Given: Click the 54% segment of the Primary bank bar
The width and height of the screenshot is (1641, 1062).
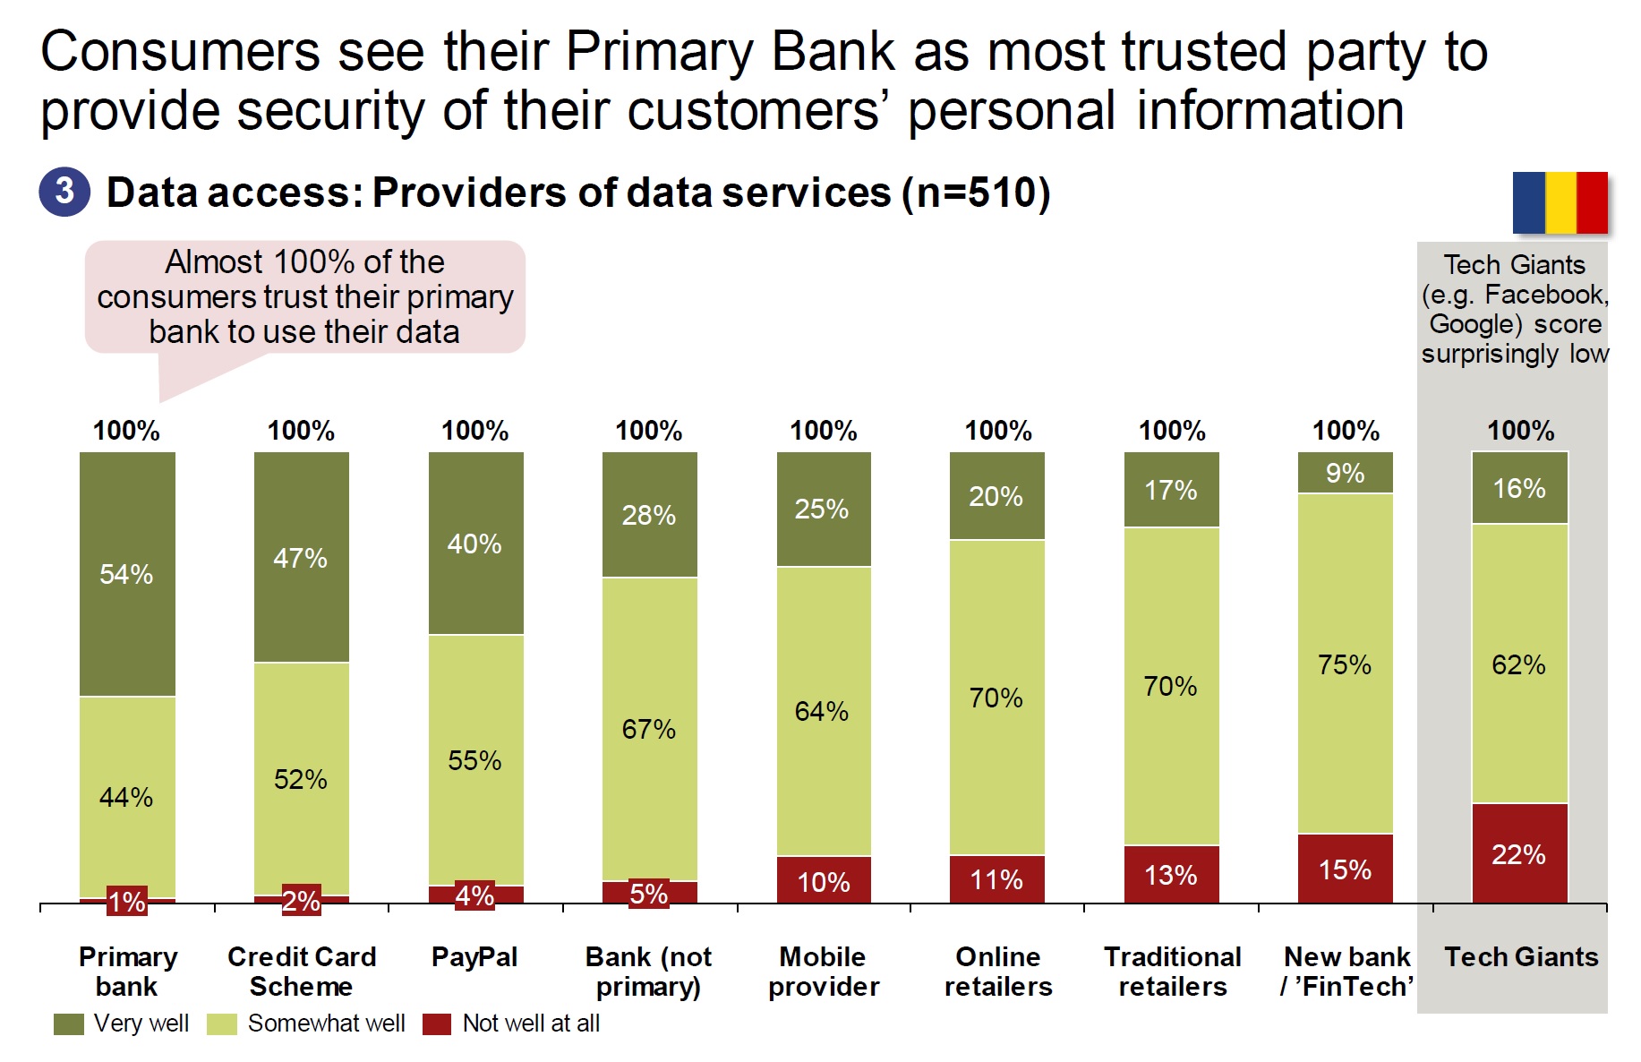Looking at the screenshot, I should (127, 574).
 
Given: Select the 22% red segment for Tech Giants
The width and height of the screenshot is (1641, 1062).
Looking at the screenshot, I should (1519, 853).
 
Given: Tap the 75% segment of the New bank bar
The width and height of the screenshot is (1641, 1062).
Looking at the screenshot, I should (1345, 664).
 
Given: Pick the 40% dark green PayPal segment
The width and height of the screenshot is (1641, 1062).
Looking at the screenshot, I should (475, 544).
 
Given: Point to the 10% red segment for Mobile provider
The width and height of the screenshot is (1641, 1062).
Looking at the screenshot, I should (824, 881).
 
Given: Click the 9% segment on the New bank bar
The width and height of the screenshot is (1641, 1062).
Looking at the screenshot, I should (1345, 473).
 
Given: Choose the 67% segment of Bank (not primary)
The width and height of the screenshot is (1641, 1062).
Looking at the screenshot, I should (649, 729).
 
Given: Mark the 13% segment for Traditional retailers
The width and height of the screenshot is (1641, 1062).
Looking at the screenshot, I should (1171, 874).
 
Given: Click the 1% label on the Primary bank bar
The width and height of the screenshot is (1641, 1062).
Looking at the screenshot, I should (127, 901).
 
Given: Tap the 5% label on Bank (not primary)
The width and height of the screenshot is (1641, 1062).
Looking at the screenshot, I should (649, 894).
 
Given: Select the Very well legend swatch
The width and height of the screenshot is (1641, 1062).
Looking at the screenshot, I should (69, 1024).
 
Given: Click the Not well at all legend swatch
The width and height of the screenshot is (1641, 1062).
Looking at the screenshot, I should (437, 1024).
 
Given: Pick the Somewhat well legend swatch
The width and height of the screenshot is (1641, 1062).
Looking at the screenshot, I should (222, 1024).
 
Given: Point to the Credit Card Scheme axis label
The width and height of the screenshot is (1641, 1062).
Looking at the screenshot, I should (302, 972).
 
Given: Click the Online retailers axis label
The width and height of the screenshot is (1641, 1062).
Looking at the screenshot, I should (998, 972).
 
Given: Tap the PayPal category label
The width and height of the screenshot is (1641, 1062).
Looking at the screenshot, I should (474, 957).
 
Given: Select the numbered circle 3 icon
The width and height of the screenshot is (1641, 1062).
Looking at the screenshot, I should (64, 192).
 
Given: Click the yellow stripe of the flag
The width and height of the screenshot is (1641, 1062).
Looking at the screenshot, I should (1560, 202).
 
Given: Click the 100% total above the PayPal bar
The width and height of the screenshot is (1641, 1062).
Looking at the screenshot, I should (475, 431).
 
